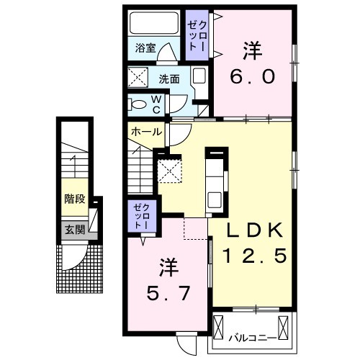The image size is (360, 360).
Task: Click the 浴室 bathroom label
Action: click(x=145, y=48)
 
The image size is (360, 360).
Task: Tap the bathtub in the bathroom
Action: click(x=154, y=23)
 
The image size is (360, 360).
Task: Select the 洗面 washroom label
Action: click(x=169, y=79)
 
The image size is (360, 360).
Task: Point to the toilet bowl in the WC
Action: click(x=138, y=105)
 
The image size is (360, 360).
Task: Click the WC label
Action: click(x=156, y=104)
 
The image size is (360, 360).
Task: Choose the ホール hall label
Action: click(x=146, y=132)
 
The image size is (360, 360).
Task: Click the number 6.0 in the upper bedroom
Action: click(x=253, y=76)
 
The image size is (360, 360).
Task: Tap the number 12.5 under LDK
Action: click(x=255, y=256)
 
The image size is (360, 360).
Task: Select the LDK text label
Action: click(x=255, y=230)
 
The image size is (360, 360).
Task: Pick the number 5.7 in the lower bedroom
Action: click(x=168, y=293)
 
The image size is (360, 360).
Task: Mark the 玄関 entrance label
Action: click(x=75, y=230)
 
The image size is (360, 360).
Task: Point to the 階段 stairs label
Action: click(x=75, y=199)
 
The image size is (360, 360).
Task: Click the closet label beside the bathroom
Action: click(x=197, y=35)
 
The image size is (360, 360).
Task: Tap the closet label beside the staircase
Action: click(x=142, y=215)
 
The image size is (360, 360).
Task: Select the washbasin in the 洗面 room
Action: click(x=199, y=75)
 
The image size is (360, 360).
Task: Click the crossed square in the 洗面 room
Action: click(x=138, y=77)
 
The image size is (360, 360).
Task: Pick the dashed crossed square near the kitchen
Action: click(x=169, y=171)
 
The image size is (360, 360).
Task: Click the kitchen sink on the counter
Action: click(x=215, y=200)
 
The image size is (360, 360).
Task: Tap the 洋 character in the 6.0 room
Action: click(x=252, y=50)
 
